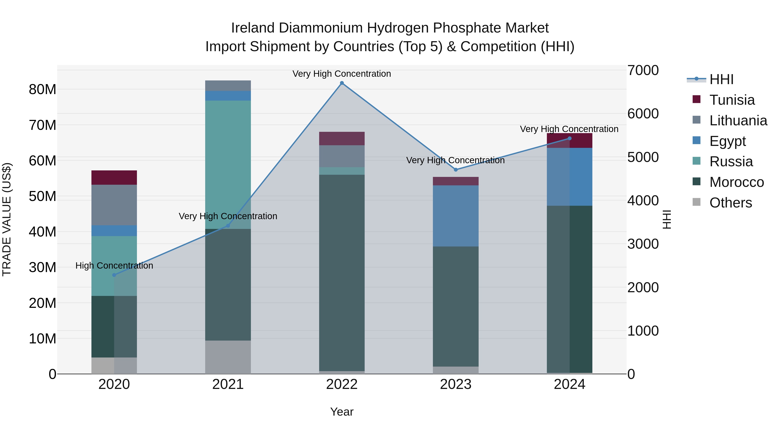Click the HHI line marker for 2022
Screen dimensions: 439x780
point(342,83)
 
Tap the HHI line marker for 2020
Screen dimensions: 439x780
point(114,275)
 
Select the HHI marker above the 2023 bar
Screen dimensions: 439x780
point(456,170)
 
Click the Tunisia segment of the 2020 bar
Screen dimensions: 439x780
point(114,178)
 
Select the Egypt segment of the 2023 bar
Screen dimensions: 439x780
point(456,216)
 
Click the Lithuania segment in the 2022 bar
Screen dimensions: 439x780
point(342,156)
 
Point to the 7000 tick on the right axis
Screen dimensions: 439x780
point(643,70)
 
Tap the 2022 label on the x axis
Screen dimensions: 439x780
point(342,384)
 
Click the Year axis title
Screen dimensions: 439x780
point(342,412)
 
